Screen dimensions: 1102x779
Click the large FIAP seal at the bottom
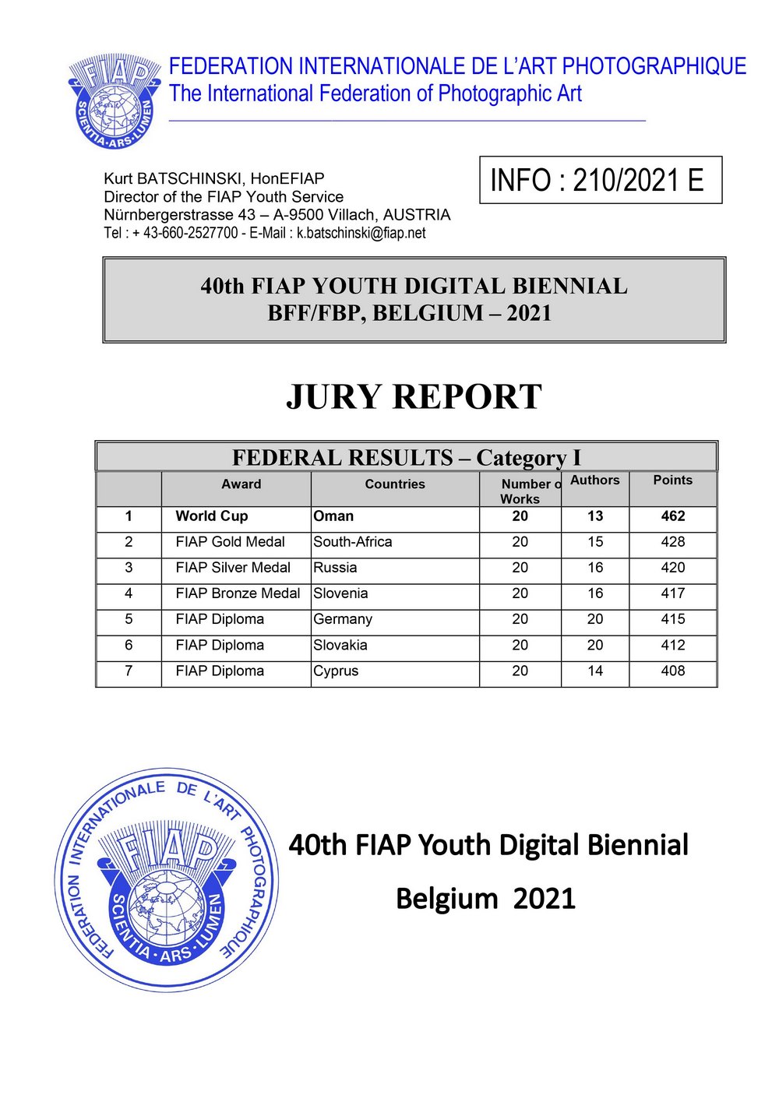click(167, 880)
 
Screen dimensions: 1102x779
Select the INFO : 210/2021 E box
click(600, 181)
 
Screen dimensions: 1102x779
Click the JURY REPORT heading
click(414, 396)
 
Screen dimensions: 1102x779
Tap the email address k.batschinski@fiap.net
click(361, 233)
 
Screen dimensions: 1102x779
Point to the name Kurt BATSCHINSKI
click(174, 178)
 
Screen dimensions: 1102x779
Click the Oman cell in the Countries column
click(333, 516)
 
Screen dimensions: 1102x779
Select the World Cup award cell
click(212, 516)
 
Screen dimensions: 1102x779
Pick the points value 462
click(672, 516)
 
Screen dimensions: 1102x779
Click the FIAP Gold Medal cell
click(231, 542)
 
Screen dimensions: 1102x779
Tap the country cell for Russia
click(335, 568)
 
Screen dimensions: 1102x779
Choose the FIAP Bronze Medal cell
click(238, 593)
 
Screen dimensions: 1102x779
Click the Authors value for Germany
click(595, 619)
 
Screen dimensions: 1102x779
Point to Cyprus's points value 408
click(672, 671)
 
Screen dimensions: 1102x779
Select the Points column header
click(672, 481)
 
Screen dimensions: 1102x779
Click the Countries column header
click(395, 484)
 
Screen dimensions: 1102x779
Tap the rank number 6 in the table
click(129, 645)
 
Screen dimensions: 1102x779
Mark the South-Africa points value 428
click(672, 542)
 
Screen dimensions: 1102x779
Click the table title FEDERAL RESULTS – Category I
click(406, 457)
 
